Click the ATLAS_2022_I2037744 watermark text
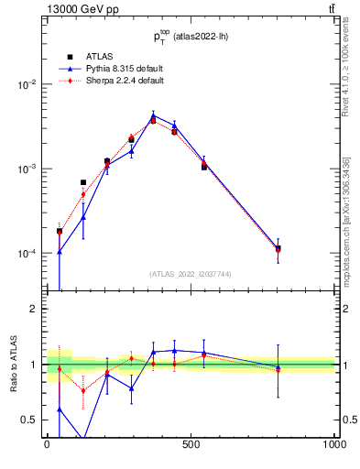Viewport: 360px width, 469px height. [191, 274]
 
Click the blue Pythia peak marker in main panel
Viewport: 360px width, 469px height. [153, 116]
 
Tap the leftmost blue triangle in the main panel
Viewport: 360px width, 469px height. [60, 251]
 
